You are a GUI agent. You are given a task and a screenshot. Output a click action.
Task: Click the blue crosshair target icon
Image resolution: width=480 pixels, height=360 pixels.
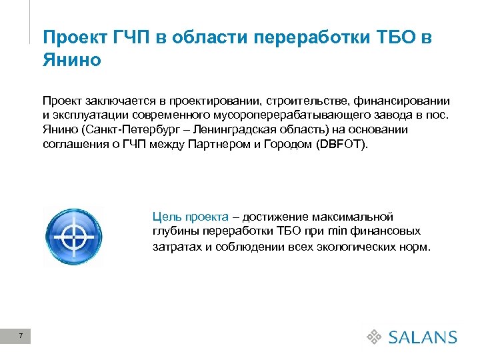[73, 237]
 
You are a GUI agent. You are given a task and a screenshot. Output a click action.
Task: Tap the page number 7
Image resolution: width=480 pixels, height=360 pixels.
[21, 336]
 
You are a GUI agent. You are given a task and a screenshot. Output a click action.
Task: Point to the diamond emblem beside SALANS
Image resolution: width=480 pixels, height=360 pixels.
[375, 337]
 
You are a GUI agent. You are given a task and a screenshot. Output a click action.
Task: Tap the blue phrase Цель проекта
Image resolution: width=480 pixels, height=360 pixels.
[190, 217]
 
